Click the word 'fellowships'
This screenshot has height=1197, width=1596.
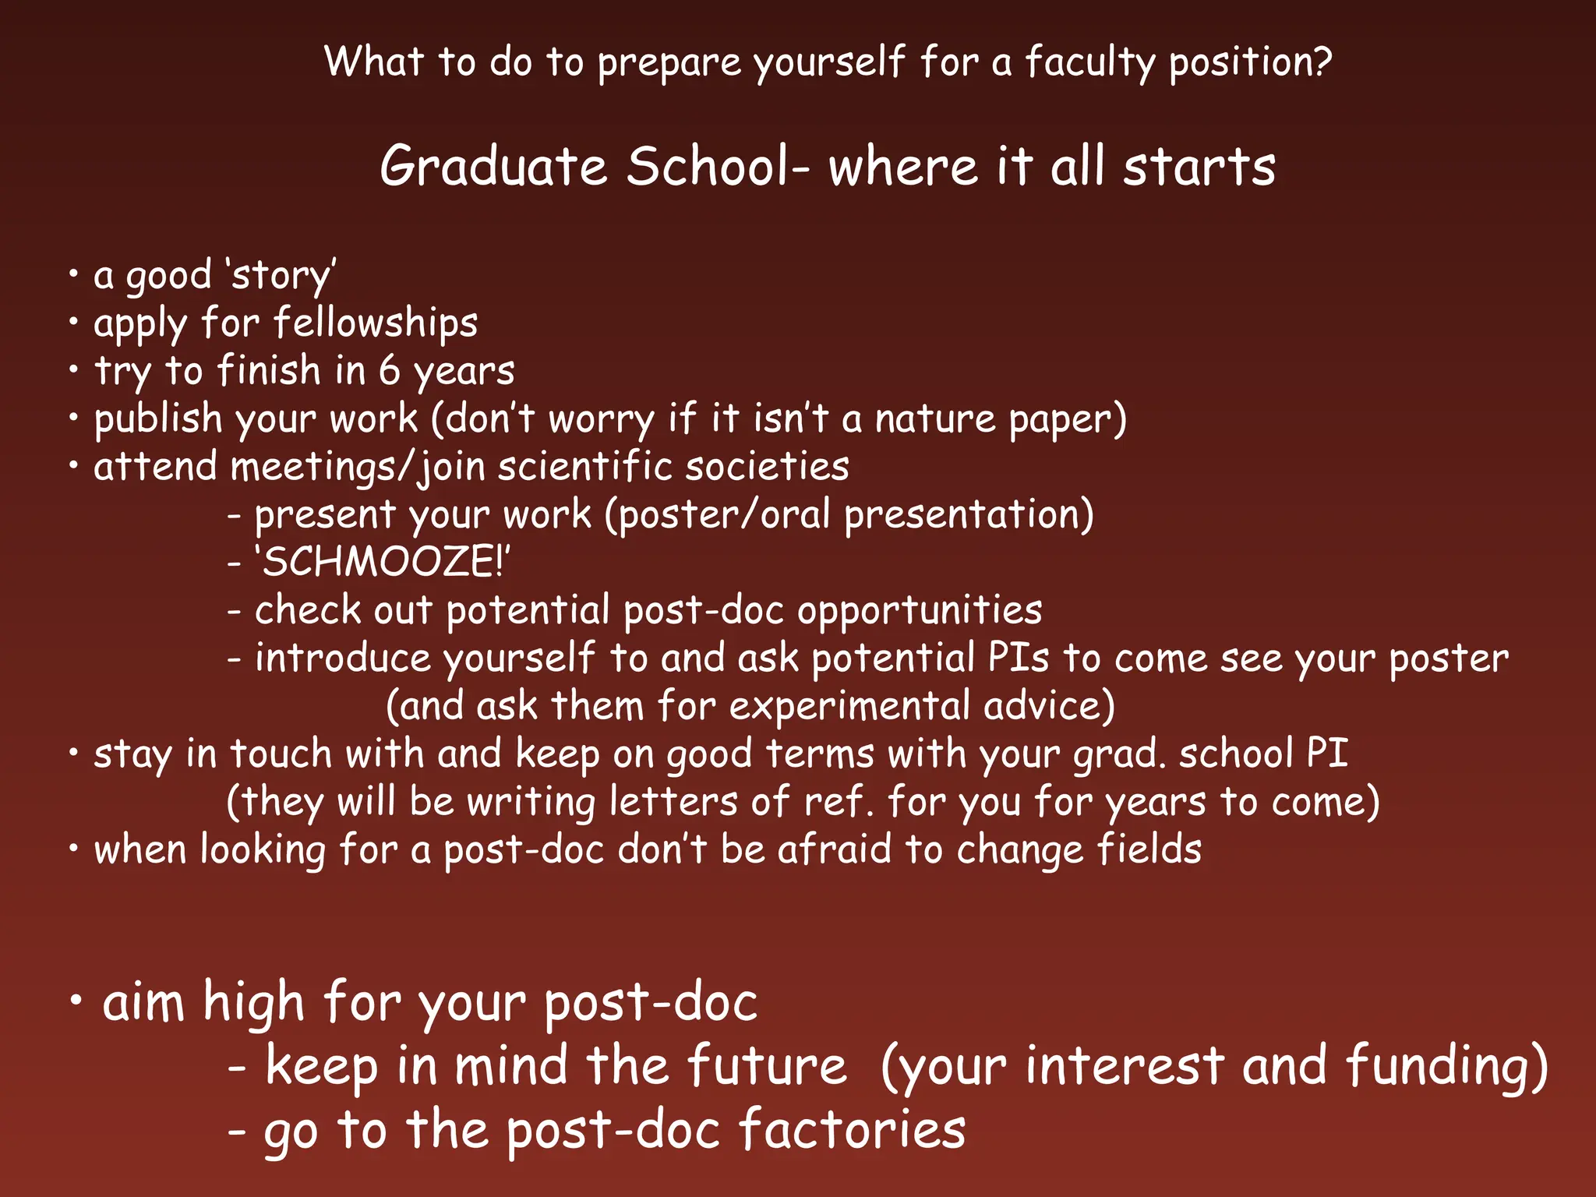pyautogui.click(x=376, y=323)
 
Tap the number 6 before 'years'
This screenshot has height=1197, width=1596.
pyautogui.click(x=390, y=370)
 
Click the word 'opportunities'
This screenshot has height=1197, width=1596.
pyautogui.click(x=920, y=610)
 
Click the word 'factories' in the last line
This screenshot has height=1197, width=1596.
pyautogui.click(x=852, y=1130)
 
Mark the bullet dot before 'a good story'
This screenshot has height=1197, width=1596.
pyautogui.click(x=73, y=274)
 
